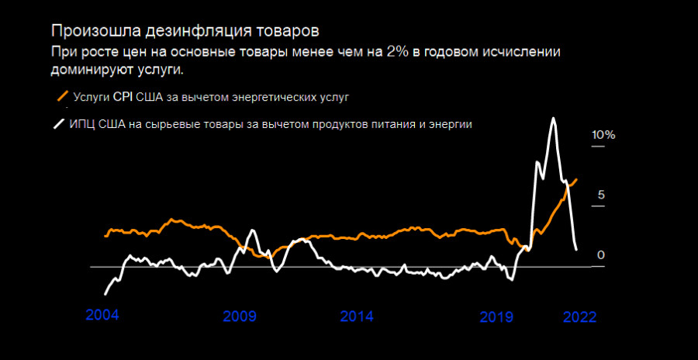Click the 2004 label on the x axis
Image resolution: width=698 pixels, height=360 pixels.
(x=103, y=316)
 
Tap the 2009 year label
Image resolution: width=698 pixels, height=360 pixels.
(x=240, y=317)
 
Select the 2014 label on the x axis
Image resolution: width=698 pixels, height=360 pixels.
(x=357, y=317)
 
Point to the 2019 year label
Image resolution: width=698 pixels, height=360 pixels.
(x=496, y=317)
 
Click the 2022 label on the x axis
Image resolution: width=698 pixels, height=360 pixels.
(x=579, y=317)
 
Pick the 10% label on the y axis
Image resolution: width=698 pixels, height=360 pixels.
(x=603, y=135)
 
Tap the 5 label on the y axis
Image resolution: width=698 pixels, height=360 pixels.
(x=600, y=195)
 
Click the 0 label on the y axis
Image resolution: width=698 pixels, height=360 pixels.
(x=600, y=255)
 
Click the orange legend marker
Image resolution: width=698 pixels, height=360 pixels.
(x=61, y=97)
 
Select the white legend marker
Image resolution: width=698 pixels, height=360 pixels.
(x=58, y=123)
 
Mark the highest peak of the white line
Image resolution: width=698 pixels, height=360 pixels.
(x=552, y=119)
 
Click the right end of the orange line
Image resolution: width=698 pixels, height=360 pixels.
(x=576, y=179)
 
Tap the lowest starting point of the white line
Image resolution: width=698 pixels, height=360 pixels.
(x=105, y=294)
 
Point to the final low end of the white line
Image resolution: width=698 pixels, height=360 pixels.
(x=576, y=249)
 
